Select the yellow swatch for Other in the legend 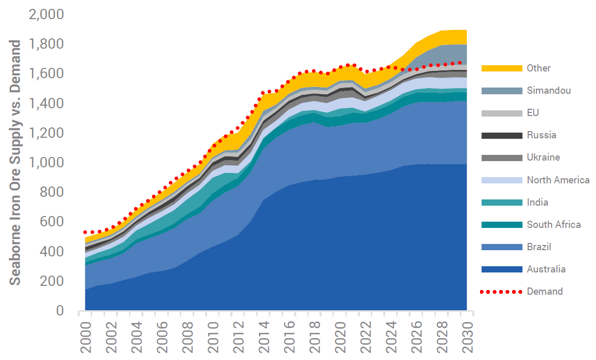click(501, 68)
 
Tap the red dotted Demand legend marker click(501, 292)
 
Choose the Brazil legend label click(539, 247)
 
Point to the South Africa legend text click(554, 225)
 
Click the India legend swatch click(501, 203)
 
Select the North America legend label click(558, 180)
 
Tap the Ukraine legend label click(543, 157)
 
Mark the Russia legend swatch click(501, 135)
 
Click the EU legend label click(533, 113)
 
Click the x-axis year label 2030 click(467, 337)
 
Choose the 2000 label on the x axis click(86, 337)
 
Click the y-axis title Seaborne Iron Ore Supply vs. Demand click(16, 162)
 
